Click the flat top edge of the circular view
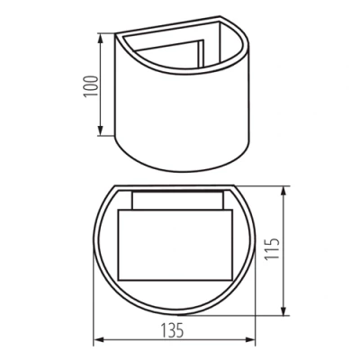point(176,187)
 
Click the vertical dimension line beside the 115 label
point(285,252)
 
